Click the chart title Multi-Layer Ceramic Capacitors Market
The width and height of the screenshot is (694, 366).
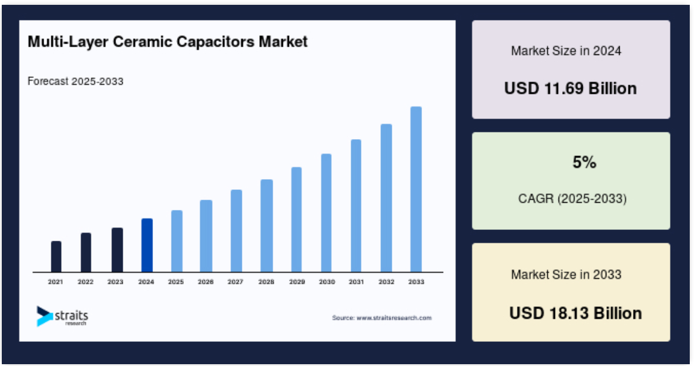(167, 42)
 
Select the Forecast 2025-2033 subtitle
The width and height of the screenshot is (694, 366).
(75, 81)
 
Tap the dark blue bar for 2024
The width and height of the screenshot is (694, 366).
(147, 245)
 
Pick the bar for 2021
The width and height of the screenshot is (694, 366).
(56, 257)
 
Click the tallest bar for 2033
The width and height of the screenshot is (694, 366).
(416, 189)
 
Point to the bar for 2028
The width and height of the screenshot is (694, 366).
(267, 226)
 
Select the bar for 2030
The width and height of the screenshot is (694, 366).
(326, 213)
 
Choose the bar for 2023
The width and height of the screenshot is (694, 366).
(117, 250)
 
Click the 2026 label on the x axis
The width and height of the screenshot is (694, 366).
(206, 282)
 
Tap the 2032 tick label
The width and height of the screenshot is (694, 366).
(386, 282)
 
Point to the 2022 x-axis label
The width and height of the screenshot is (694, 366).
(85, 282)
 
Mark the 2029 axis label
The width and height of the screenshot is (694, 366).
(297, 282)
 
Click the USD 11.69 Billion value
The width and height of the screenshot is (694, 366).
(571, 88)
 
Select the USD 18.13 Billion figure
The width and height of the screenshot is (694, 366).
(576, 313)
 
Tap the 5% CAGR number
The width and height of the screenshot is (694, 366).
(584, 162)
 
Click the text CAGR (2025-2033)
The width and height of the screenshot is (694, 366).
(572, 198)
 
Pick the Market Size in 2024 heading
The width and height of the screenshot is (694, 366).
(566, 51)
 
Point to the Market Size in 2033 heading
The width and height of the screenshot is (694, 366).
(566, 275)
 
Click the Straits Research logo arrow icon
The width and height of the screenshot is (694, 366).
(44, 316)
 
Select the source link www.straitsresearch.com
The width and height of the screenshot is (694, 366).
(394, 318)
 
